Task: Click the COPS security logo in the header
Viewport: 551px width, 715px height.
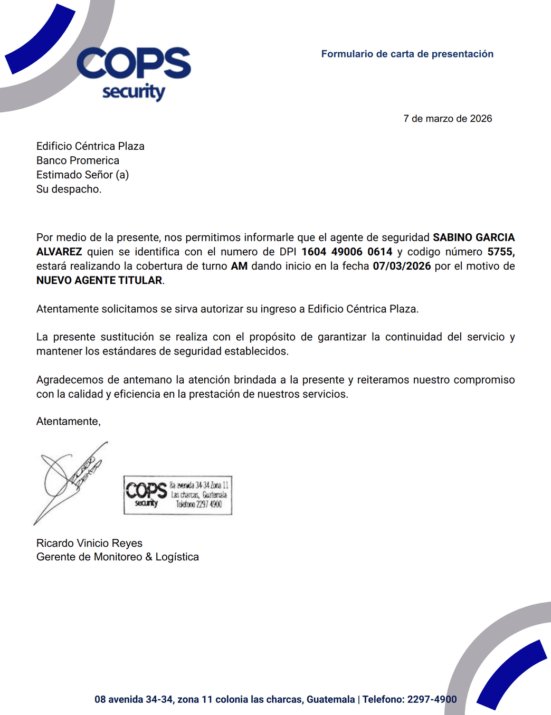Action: [x=134, y=73]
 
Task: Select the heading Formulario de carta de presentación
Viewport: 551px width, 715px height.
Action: [x=407, y=54]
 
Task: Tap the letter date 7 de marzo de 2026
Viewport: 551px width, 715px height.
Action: [x=448, y=119]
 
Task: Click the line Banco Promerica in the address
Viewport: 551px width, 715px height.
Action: [x=78, y=160]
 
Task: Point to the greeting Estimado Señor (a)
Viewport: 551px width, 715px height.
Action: [x=82, y=175]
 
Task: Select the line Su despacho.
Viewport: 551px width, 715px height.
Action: [x=69, y=189]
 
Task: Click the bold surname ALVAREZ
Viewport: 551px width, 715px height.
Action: [x=59, y=252]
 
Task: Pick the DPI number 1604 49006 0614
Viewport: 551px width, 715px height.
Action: [x=347, y=252]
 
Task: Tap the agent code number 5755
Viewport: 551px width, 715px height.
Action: [x=500, y=252]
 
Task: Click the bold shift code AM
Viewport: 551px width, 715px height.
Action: [x=239, y=266]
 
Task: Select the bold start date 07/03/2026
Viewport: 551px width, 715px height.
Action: [x=402, y=266]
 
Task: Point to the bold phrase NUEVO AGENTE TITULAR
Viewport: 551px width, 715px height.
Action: [x=99, y=280]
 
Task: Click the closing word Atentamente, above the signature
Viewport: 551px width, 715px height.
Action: [x=68, y=421]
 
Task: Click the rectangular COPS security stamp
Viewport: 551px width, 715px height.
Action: [x=178, y=495]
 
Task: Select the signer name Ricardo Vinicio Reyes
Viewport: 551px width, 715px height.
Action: [x=89, y=543]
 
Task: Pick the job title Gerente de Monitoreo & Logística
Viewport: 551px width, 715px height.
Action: [x=118, y=557]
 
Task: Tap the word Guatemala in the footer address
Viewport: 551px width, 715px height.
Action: [x=330, y=699]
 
